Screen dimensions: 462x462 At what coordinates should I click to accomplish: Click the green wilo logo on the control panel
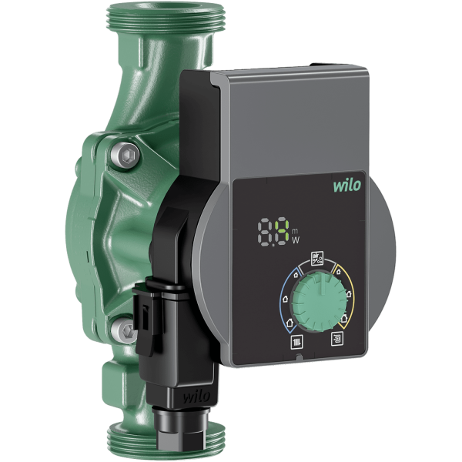click(347, 185)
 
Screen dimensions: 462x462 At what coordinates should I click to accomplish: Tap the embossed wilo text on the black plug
click(197, 397)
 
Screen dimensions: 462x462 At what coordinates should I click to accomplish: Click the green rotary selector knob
click(319, 301)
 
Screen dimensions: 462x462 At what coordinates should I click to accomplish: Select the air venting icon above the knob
click(317, 258)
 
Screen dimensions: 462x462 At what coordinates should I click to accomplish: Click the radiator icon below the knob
click(297, 342)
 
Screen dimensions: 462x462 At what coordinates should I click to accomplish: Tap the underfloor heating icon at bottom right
click(337, 338)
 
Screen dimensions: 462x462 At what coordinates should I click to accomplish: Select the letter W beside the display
click(296, 240)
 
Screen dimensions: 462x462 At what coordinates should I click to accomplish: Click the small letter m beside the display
click(295, 230)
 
